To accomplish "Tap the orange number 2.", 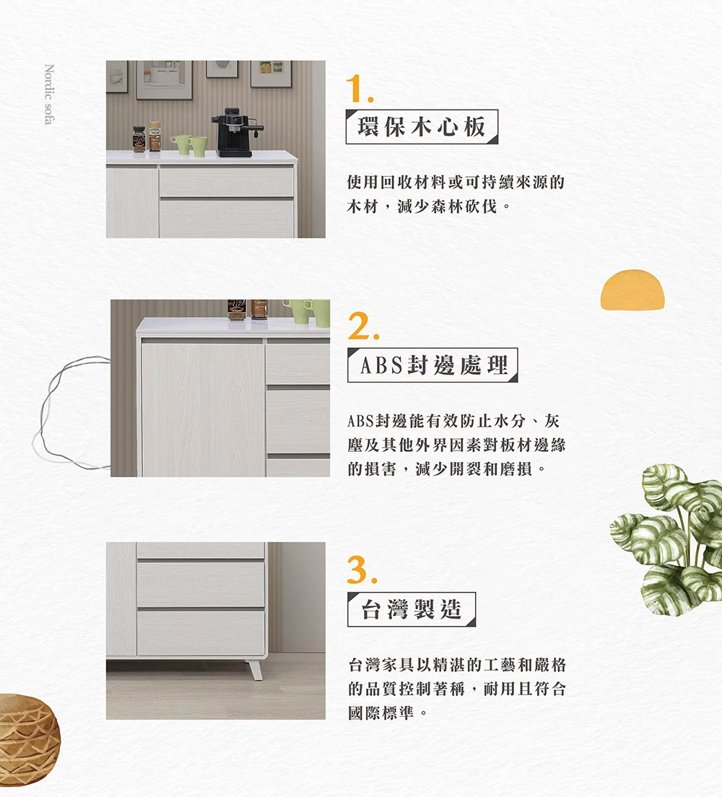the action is [362, 326].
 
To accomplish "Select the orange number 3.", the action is [362, 570].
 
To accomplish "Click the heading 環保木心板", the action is [422, 126].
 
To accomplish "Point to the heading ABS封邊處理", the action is [432, 365].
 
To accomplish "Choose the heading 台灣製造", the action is [412, 609].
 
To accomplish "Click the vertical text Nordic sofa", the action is [49, 94].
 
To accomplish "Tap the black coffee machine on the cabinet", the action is [236, 132].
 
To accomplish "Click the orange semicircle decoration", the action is [632, 289].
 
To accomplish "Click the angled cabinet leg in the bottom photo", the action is [255, 669].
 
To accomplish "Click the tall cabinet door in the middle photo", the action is [203, 409].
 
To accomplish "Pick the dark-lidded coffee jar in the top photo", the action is [139, 139].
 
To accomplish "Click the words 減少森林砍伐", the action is [448, 206].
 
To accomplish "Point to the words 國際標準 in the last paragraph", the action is [381, 713].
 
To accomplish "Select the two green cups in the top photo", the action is [189, 145].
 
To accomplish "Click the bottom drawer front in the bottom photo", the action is [201, 633].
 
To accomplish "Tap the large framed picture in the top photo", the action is [164, 80].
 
